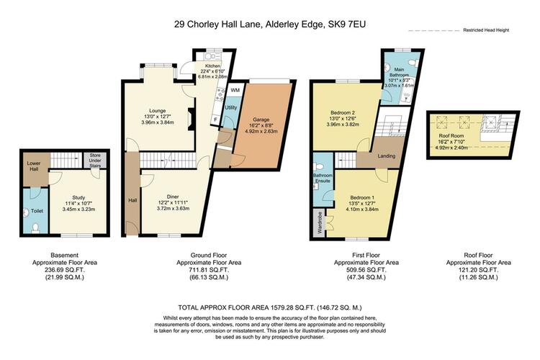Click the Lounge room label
158,111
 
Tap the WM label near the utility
235,90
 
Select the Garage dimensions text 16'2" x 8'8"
261,125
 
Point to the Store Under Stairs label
95,161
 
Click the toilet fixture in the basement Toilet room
35,228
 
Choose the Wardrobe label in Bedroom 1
320,223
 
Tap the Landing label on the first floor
387,156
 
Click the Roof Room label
451,136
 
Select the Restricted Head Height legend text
486,30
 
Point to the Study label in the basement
78,198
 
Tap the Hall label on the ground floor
132,200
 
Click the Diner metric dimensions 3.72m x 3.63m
173,208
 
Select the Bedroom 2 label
343,112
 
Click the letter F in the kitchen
215,120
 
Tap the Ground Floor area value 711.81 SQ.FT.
209,270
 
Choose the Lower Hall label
34,166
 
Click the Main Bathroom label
399,72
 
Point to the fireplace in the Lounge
191,120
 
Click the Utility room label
231,107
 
